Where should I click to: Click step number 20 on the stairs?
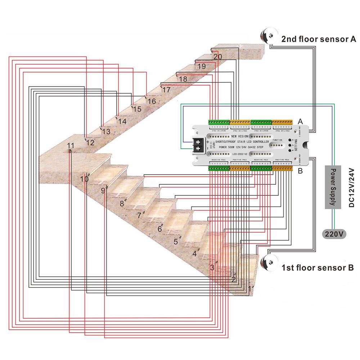(217, 57)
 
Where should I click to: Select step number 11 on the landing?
(71, 146)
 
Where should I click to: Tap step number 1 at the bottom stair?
(250, 288)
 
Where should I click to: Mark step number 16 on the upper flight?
(152, 102)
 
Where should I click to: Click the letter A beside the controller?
(301, 122)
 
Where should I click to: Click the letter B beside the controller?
(300, 171)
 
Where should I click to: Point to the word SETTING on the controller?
(296, 145)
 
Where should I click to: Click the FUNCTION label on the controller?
(277, 140)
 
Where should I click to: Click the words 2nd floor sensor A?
(319, 39)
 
